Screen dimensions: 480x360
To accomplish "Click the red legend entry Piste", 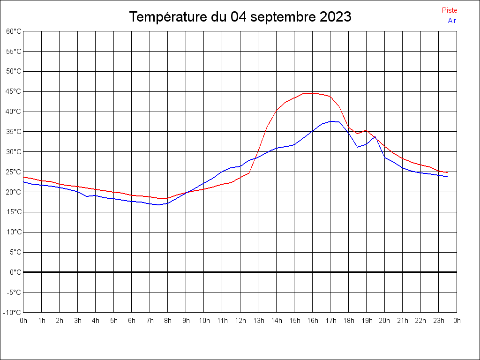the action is pos(450,10).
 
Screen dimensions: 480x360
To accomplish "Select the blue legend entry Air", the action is pos(452,21).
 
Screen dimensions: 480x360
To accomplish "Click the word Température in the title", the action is pos(168,17).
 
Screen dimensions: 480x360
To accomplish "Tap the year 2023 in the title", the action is pos(336,16).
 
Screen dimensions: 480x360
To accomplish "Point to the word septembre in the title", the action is pos(283,17).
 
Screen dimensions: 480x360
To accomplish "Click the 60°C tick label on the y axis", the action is pos(14,31).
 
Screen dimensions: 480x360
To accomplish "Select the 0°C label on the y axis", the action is pos(15,272).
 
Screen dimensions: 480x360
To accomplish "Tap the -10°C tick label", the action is pos(12,313).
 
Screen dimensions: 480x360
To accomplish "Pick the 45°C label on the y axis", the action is pos(14,91).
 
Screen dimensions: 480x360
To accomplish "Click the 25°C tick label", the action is pos(14,172).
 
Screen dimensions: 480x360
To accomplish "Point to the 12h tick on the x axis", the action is pos(240,321).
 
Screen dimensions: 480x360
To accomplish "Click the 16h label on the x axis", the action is pos(313,321).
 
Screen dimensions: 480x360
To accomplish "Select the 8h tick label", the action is pos(168,321).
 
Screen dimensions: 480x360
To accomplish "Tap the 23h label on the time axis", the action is pos(439,321).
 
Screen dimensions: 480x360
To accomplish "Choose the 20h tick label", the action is pos(384,321).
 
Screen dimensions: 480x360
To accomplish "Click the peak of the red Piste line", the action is pos(312,93).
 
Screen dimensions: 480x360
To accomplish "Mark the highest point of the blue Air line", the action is pos(330,121).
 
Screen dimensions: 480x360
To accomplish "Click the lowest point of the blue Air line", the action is pos(158,205).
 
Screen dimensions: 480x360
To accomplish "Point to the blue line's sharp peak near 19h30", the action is pos(375,136).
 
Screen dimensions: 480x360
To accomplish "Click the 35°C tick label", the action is pos(14,132).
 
